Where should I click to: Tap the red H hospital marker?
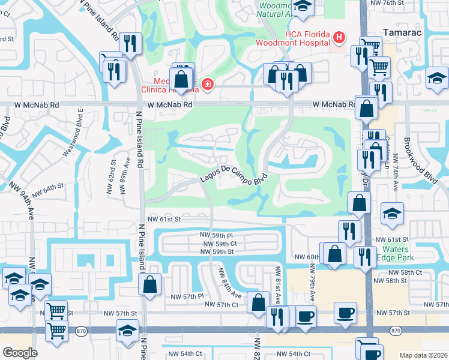point(339,38)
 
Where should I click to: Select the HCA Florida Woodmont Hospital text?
point(292,38)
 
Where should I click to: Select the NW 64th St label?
point(48,190)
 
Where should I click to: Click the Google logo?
point(20,353)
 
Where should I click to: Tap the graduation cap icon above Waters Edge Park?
point(392,214)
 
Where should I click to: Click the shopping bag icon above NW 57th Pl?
point(149,284)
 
